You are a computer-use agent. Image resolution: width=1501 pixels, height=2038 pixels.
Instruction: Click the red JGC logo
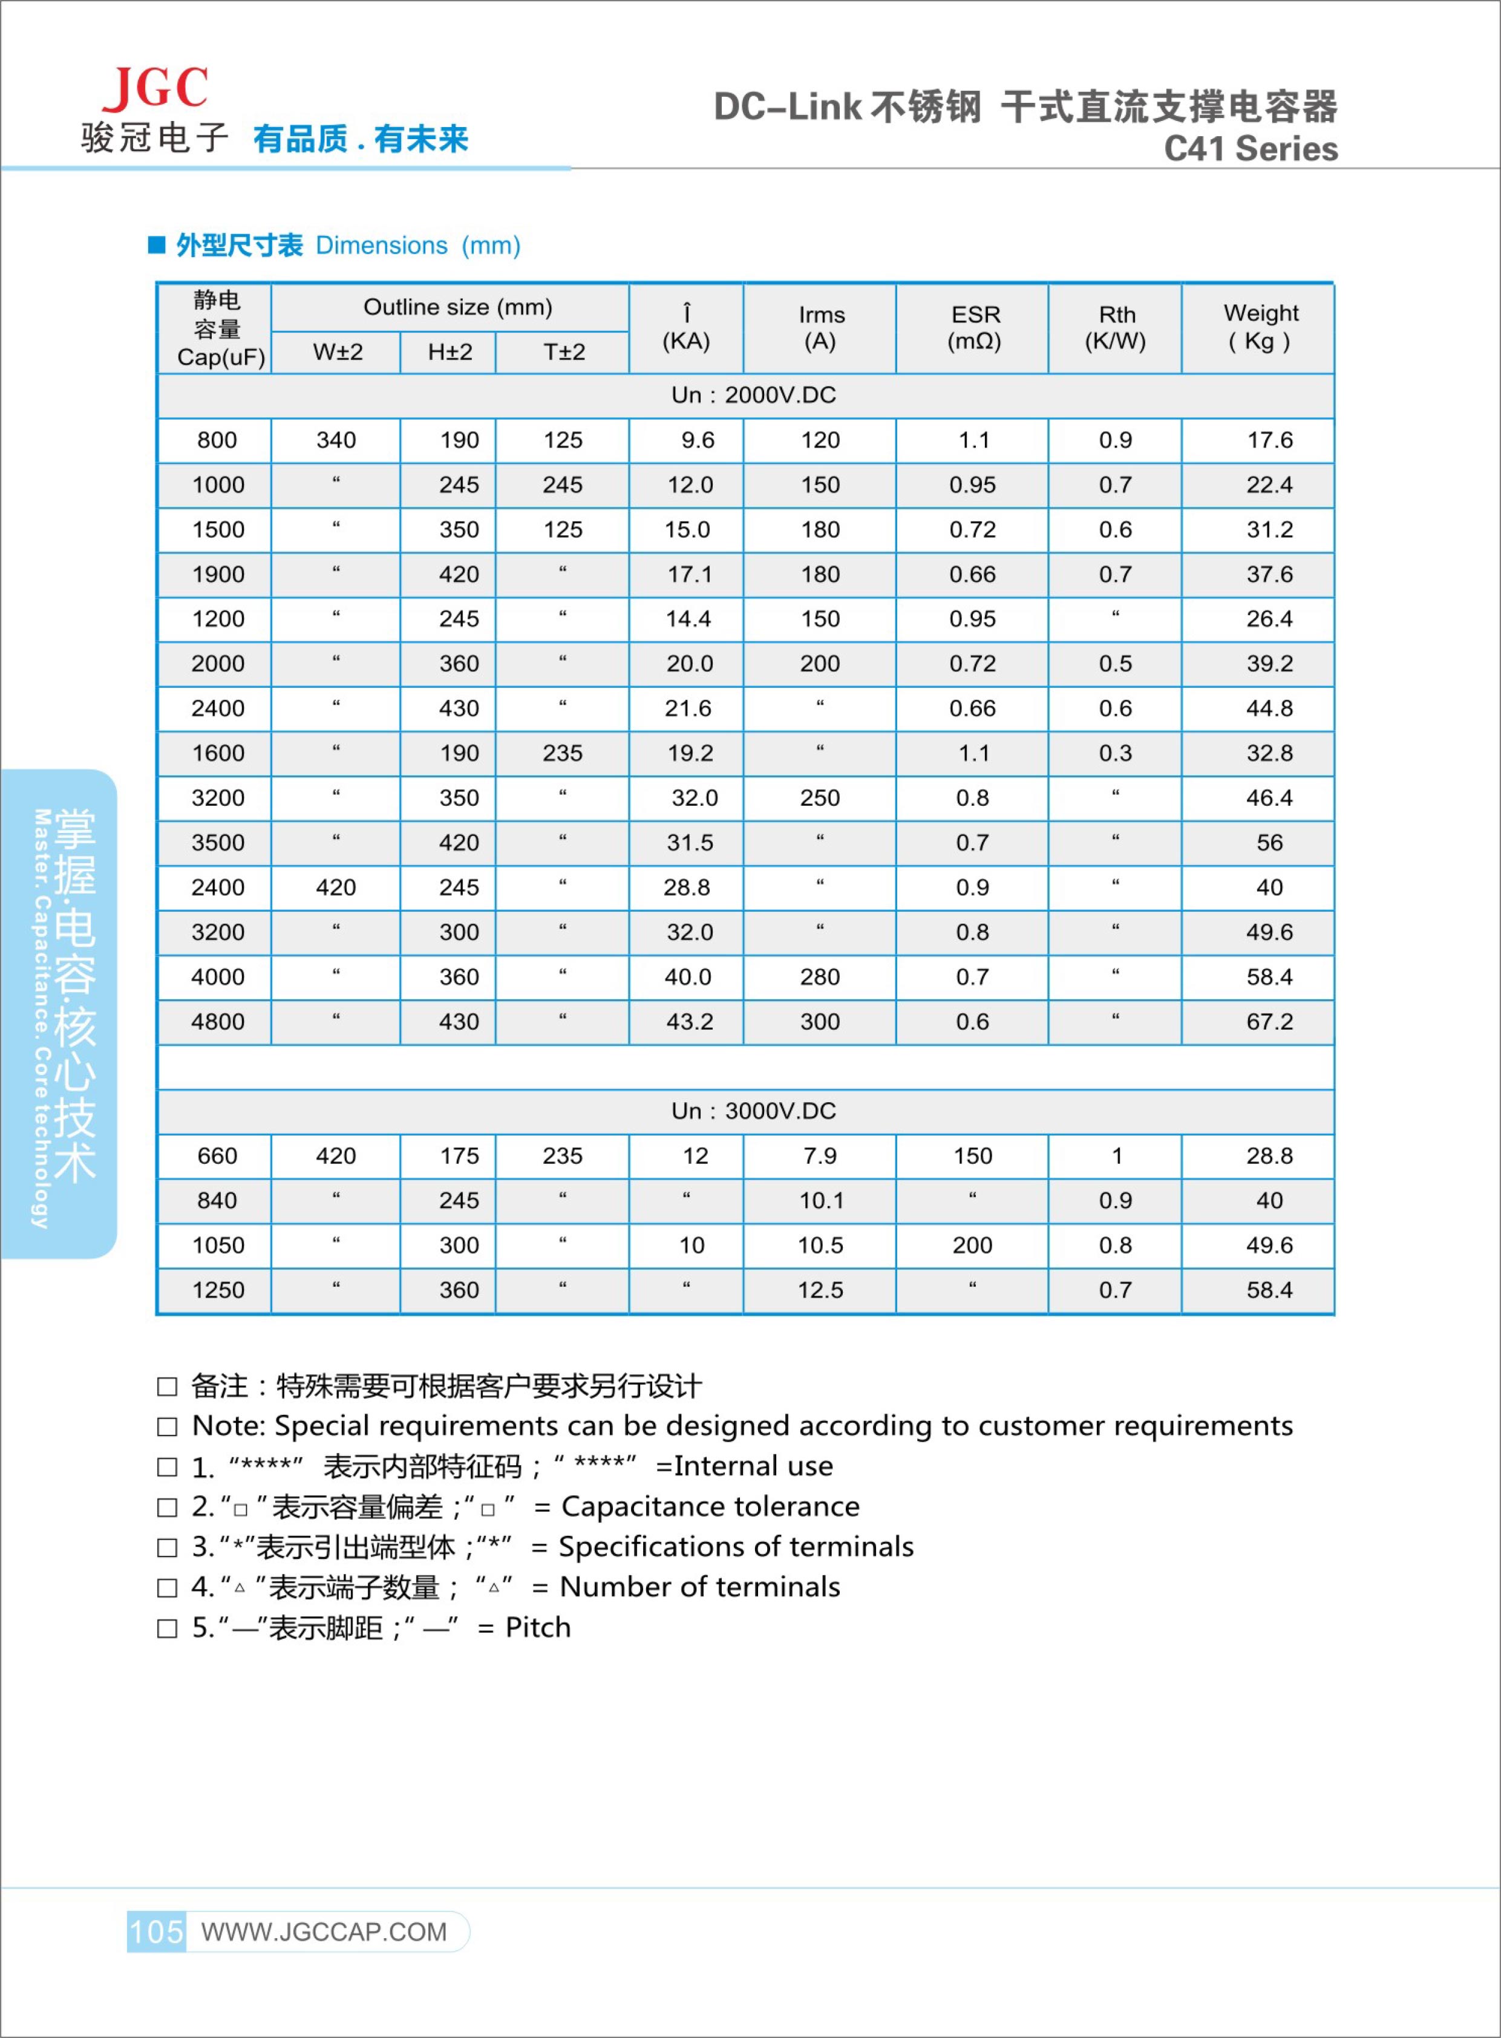[155, 88]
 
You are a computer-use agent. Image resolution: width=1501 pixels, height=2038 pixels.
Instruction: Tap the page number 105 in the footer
[156, 1931]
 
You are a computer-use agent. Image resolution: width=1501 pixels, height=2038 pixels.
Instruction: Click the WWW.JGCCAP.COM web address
[324, 1932]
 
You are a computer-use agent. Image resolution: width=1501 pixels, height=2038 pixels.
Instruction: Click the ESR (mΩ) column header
[974, 328]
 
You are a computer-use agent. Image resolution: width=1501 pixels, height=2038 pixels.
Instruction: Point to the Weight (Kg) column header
[1260, 327]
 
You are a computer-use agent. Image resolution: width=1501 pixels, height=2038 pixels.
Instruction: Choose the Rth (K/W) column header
[1116, 328]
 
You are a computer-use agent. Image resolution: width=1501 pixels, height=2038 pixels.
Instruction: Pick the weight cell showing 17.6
[1269, 440]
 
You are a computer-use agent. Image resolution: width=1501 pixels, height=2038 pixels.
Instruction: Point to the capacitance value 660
[217, 1156]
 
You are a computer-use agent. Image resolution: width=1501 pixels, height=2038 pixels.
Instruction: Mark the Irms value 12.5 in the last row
[820, 1290]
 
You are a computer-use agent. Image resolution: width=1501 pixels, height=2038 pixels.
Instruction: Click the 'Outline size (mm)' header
[458, 307]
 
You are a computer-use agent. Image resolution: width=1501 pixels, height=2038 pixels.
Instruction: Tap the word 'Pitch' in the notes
[538, 1627]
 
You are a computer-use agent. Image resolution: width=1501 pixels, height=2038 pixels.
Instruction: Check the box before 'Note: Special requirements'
[167, 1426]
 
